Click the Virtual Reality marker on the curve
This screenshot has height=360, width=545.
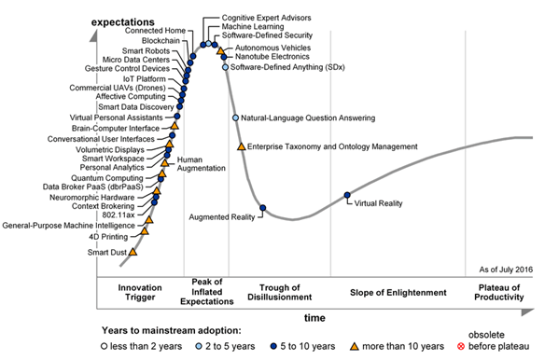coord(347,195)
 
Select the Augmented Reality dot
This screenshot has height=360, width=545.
coord(263,208)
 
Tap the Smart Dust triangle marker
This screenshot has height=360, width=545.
coord(133,252)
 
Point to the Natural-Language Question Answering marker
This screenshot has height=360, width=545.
coord(235,118)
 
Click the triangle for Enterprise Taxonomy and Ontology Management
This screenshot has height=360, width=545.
coord(241,146)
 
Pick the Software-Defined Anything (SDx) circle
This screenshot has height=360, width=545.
coord(225,67)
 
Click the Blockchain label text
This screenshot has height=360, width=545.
coord(161,41)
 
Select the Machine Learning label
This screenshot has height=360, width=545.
coord(253,26)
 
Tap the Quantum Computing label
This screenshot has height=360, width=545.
coord(107,178)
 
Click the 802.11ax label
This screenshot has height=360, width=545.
coord(119,215)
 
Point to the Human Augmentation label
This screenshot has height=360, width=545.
coord(202,163)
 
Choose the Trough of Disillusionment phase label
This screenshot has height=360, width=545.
coord(279,292)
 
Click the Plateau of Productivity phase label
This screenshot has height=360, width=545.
coord(498,292)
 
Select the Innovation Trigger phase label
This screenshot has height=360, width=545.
coord(140,292)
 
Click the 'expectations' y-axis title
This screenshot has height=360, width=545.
coord(122,21)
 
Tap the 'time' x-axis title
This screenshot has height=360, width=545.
coord(314,318)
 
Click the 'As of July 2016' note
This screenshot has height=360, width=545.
coord(506,270)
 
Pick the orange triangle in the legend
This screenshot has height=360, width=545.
coord(355,346)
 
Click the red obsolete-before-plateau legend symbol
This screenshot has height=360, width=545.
coord(461,346)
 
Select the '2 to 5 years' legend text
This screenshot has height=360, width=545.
coord(231,346)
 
